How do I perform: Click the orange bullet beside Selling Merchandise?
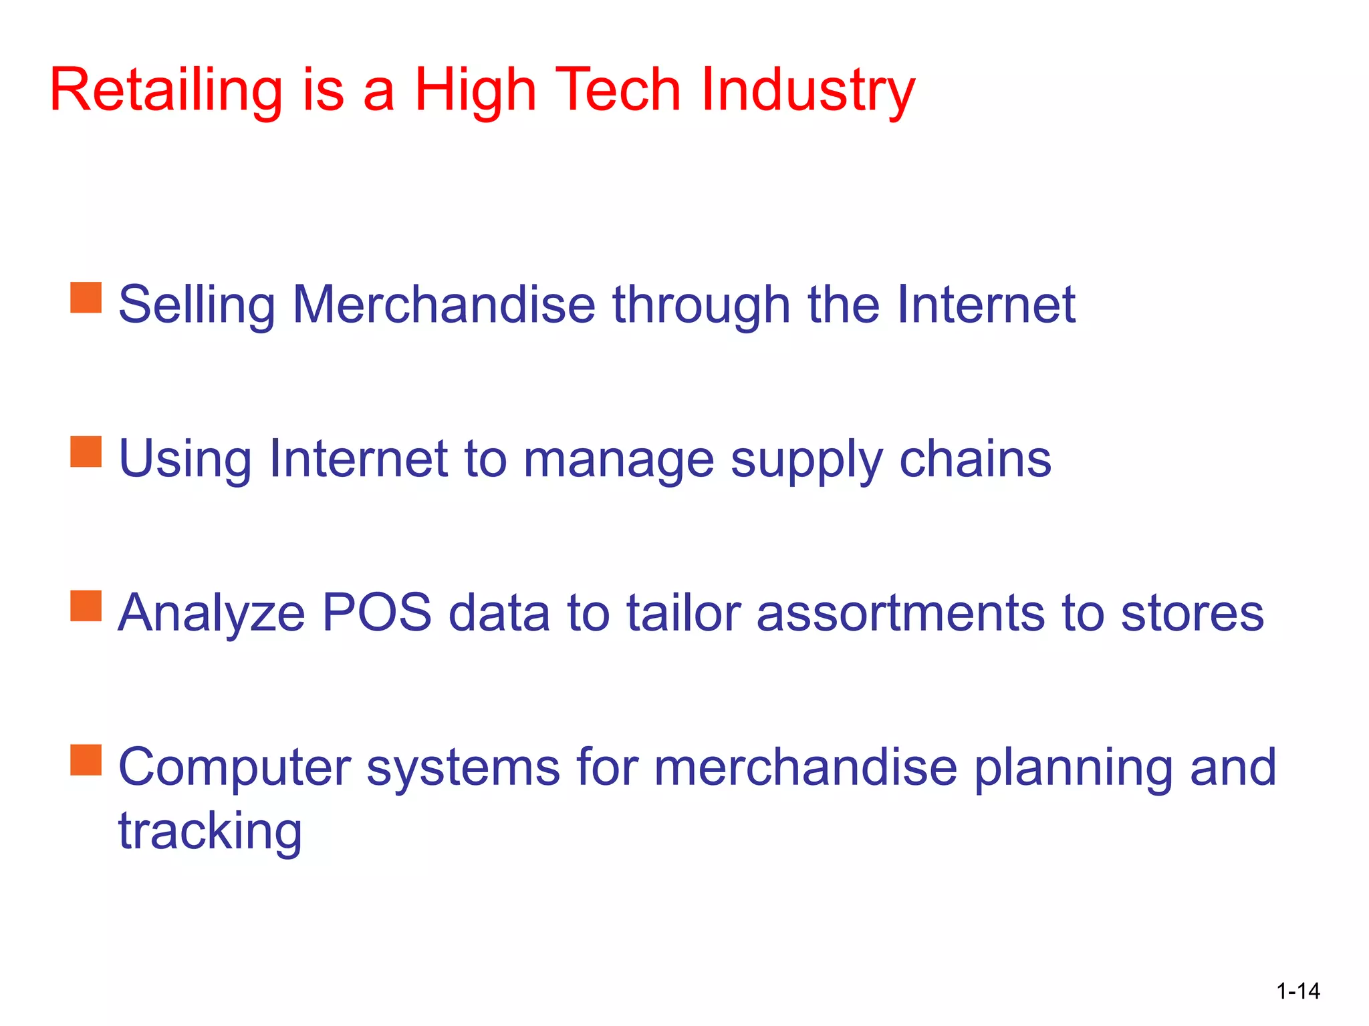tap(86, 297)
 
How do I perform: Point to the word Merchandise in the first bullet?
tap(444, 305)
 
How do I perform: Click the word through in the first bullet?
tap(701, 305)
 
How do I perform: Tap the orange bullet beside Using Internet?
tap(86, 452)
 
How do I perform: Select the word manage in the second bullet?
tap(618, 460)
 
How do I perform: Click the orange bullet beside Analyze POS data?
tap(86, 606)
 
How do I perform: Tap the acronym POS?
tap(376, 613)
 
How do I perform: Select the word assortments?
tap(900, 614)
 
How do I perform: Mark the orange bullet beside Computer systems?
tap(86, 760)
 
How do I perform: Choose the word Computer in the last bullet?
tap(234, 768)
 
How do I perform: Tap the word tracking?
tap(210, 832)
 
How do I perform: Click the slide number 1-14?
tap(1297, 991)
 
